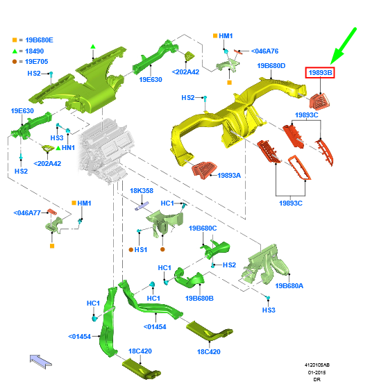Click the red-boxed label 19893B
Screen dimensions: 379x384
click(320, 73)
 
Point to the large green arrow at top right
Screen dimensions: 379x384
click(344, 46)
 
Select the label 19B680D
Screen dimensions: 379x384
click(271, 66)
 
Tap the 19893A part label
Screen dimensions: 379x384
click(229, 176)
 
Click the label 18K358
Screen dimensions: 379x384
click(142, 190)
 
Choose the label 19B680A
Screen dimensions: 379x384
click(289, 286)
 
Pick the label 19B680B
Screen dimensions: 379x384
click(199, 299)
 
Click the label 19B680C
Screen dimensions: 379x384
click(203, 228)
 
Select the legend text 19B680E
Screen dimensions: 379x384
click(39, 40)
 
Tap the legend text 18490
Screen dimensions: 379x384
click(35, 51)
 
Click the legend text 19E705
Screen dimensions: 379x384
click(37, 62)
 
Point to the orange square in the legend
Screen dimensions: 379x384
click(15, 40)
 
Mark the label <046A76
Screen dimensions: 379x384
click(265, 51)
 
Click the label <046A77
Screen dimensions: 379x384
click(27, 212)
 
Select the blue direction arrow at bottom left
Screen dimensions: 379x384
click(41, 362)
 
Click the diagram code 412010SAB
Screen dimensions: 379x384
click(317, 365)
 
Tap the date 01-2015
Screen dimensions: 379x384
click(317, 372)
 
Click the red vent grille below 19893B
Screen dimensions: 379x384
click(319, 101)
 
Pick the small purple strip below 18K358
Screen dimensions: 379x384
click(142, 206)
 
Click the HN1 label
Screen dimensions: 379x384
click(68, 148)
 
